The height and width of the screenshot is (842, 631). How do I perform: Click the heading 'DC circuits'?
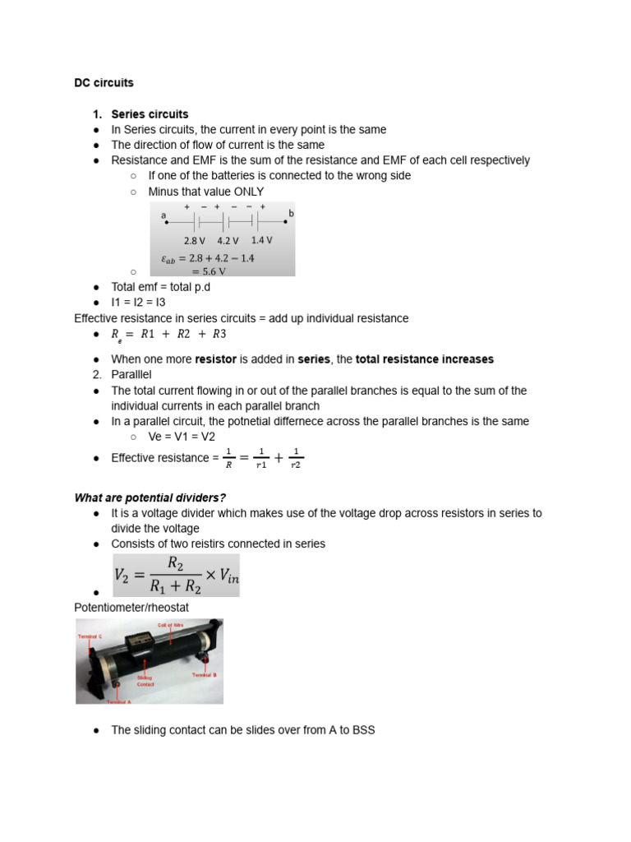pos(104,83)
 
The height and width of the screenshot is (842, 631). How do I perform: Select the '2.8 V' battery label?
pos(195,241)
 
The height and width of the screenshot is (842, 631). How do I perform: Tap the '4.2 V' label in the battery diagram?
pos(228,241)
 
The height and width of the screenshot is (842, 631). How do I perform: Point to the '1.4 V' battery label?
pos(261,240)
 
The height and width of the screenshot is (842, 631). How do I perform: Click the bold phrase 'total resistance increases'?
pos(425,359)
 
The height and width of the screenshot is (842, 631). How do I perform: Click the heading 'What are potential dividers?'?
pos(150,497)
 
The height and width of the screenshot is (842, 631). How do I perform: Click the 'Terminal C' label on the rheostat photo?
pos(90,636)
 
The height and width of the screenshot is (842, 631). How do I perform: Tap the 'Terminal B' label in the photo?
pos(204,674)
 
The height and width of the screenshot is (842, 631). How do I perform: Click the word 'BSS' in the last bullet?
pos(363,729)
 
